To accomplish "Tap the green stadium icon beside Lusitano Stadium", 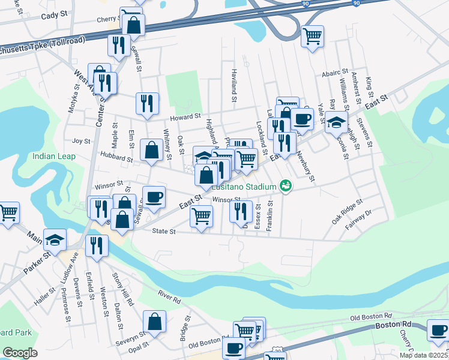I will click(286, 187).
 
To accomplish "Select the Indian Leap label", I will click(53, 157).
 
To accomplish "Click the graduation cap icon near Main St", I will click(55, 241).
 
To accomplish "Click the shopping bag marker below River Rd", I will click(155, 321).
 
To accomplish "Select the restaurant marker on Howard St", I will click(146, 103).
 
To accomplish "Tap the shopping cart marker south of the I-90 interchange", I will click(312, 37).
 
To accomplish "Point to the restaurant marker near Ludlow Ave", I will click(96, 245).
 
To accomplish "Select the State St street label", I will click(163, 231).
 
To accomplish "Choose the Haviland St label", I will click(235, 83).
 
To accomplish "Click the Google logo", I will click(20, 353).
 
